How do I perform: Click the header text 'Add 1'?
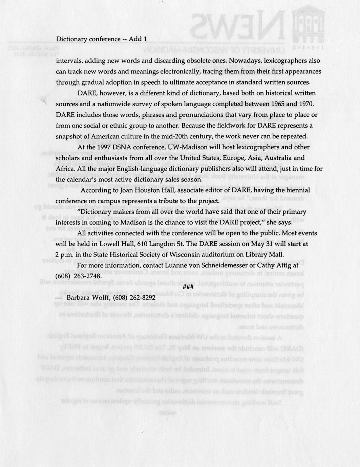(138, 39)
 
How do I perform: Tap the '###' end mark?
(188, 287)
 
